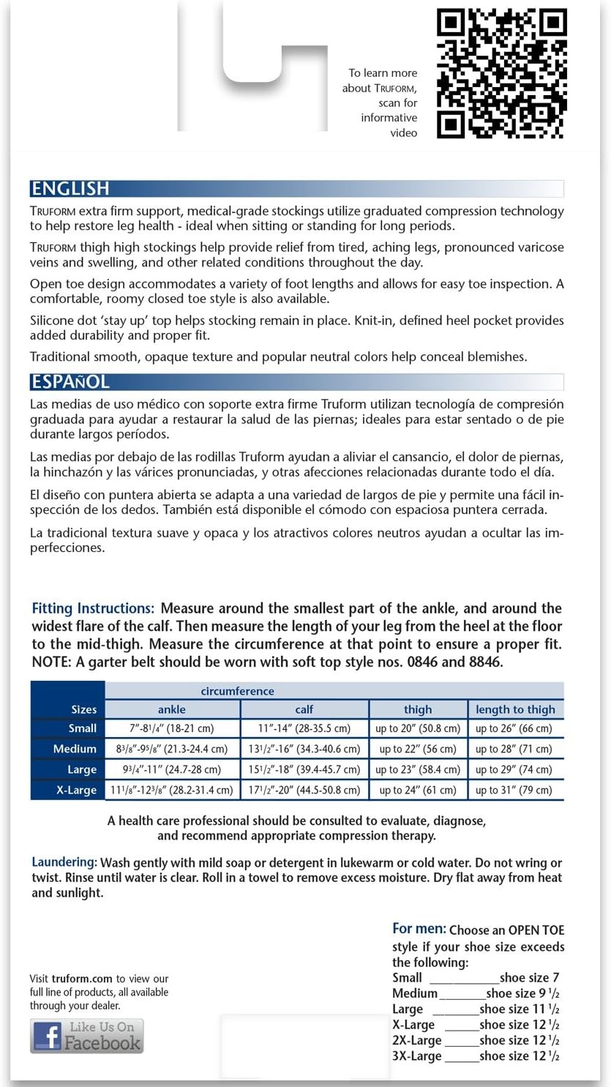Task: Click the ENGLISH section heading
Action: (70, 189)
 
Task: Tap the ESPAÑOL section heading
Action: (70, 382)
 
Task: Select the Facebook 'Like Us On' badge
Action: (87, 1036)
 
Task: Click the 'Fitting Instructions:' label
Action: (93, 608)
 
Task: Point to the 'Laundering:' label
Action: (64, 862)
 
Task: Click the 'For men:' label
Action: (419, 929)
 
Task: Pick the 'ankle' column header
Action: (172, 709)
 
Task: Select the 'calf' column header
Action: (304, 709)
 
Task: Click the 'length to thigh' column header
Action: (515, 709)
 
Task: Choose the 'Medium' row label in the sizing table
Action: (75, 749)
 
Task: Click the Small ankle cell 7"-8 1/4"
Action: (172, 728)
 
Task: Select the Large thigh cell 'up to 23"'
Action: (418, 769)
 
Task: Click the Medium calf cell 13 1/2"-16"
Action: (304, 749)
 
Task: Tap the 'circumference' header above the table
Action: (238, 691)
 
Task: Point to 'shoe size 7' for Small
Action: (530, 978)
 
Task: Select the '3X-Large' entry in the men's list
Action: (417, 1056)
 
